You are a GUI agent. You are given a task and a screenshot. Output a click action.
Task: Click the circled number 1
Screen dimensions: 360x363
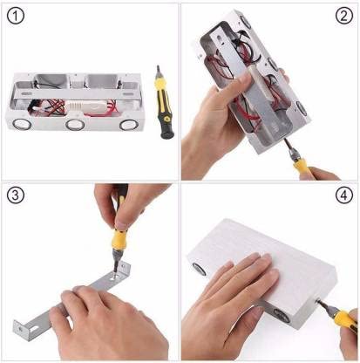(15, 16)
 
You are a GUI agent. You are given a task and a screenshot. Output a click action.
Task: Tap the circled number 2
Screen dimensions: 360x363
(344, 16)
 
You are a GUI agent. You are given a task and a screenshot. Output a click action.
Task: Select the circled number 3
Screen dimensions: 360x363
(15, 195)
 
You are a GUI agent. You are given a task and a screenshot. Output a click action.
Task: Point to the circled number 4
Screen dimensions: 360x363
(344, 195)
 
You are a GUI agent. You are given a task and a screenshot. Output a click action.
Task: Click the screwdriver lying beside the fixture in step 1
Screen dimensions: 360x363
(164, 102)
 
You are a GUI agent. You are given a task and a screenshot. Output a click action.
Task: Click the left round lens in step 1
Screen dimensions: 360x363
(22, 124)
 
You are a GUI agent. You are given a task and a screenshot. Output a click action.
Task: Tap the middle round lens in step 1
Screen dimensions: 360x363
(75, 125)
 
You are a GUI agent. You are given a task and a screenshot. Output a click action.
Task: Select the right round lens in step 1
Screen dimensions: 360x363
(128, 125)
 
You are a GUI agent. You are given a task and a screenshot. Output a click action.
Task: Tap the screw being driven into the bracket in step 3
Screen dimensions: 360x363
(115, 275)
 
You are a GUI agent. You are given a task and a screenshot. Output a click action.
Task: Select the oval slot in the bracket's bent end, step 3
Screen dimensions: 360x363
(35, 329)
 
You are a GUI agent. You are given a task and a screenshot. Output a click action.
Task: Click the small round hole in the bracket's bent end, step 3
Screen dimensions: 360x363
(20, 329)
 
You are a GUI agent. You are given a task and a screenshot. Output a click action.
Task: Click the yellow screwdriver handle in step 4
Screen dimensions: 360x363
(345, 319)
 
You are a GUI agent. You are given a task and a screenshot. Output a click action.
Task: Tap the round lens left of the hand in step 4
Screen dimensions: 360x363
(199, 269)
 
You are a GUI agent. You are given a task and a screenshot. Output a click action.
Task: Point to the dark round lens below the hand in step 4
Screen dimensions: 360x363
(281, 316)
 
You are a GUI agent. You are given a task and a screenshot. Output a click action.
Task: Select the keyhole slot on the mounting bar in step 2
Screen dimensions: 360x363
(219, 39)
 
